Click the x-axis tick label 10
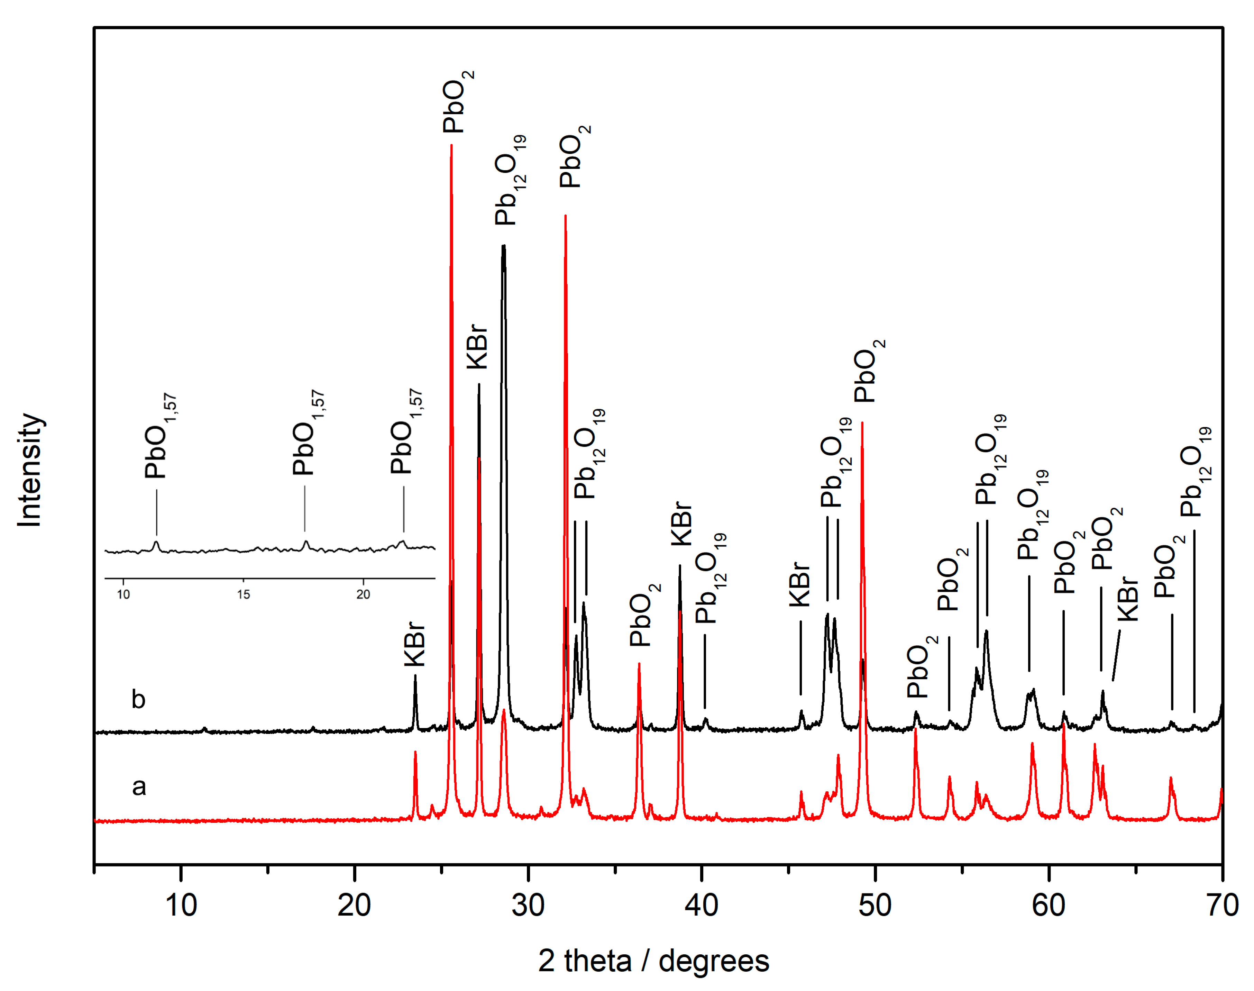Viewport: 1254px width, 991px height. [x=181, y=905]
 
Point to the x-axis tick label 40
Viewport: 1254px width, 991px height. [x=701, y=905]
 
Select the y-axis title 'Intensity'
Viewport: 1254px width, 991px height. [x=30, y=470]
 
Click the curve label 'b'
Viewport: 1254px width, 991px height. [x=138, y=699]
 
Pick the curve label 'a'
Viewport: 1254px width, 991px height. [x=139, y=787]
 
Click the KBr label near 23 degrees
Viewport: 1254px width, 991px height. [x=415, y=644]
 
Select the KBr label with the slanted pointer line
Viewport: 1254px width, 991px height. [x=1127, y=599]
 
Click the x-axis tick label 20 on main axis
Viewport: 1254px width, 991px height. [x=354, y=905]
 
